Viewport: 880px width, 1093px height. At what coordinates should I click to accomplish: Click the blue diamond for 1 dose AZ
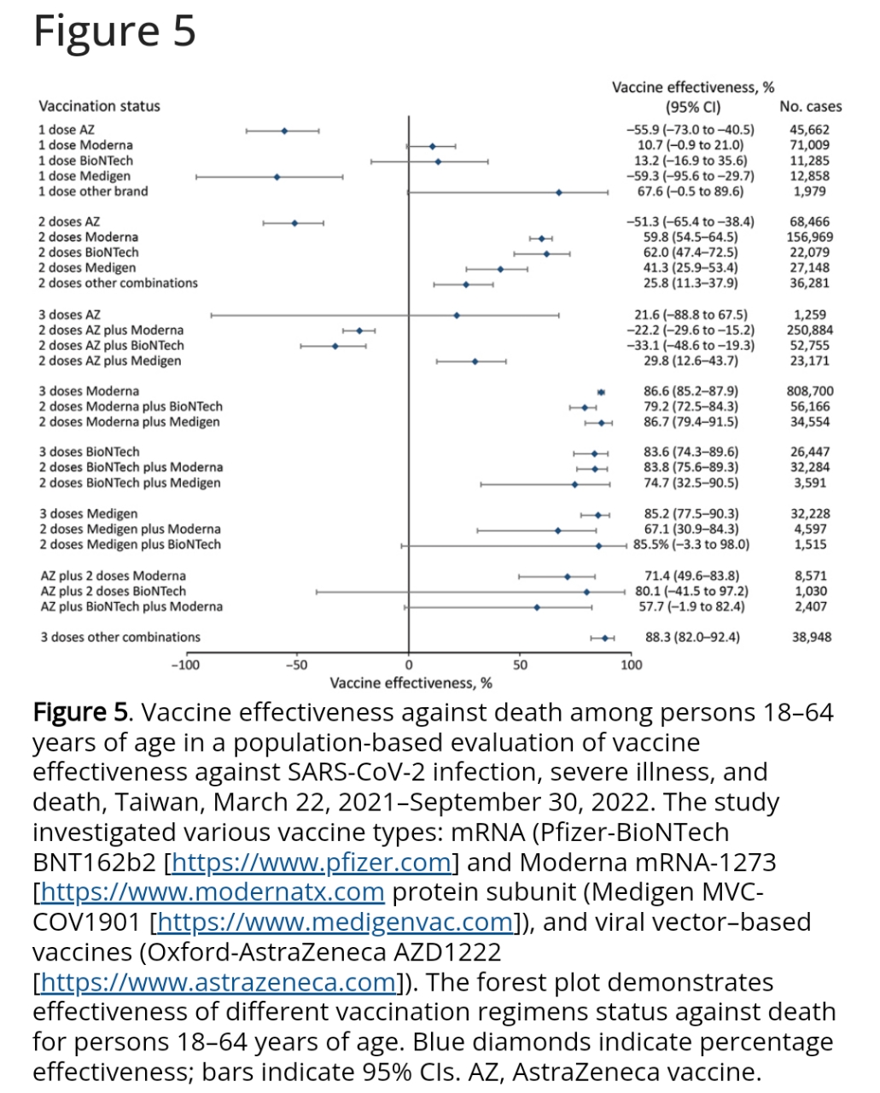coord(284,131)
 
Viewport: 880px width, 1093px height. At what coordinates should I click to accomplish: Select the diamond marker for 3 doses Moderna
coord(601,392)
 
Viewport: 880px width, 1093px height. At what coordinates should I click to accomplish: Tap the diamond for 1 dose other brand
coord(559,192)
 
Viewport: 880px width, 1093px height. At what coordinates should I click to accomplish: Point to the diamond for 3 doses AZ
coord(457,315)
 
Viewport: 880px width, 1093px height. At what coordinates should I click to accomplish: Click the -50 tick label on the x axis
coord(296,665)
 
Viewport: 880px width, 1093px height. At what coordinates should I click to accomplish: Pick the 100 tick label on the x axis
coord(631,665)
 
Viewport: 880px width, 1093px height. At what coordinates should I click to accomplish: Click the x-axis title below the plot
coord(411,683)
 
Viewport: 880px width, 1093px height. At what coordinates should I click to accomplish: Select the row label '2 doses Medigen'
coord(87,267)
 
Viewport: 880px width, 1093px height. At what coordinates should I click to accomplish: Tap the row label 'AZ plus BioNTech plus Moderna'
coord(131,606)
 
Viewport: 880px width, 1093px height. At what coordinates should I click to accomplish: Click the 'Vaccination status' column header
coord(99,106)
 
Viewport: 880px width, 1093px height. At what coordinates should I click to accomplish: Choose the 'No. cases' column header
coord(810,107)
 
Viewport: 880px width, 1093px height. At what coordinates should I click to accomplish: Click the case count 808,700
coord(810,391)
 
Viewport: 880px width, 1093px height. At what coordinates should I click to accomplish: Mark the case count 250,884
coord(810,330)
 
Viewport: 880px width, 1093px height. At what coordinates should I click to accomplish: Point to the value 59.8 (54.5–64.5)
coord(691,237)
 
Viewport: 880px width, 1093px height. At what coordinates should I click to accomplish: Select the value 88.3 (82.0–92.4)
coord(692,637)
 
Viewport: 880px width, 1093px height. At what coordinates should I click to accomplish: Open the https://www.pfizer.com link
coord(312,862)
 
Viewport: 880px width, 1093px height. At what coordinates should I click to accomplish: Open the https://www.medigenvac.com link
coord(335,922)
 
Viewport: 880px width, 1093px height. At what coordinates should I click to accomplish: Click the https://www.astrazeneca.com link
coord(219,982)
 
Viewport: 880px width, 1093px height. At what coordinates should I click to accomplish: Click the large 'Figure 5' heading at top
coord(114,31)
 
